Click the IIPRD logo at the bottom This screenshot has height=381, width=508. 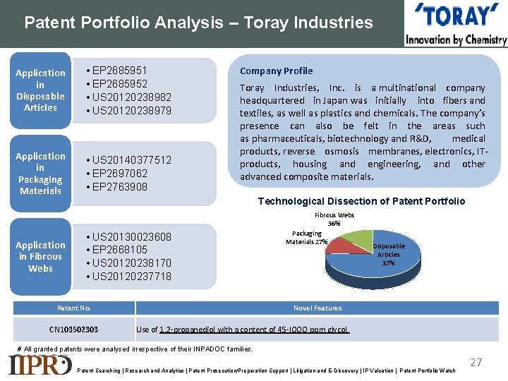click(x=40, y=364)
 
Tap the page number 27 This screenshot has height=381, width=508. click(x=476, y=362)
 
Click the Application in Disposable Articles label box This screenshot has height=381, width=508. click(x=40, y=90)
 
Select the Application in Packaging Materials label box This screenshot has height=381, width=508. click(x=40, y=174)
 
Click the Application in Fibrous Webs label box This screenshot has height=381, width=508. click(x=40, y=256)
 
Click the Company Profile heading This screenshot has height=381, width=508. click(x=276, y=71)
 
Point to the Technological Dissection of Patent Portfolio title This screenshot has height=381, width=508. click(x=361, y=201)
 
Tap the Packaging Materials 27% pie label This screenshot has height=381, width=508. click(x=306, y=238)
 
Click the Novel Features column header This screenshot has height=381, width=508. click(x=317, y=308)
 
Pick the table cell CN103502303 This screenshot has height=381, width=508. click(x=73, y=329)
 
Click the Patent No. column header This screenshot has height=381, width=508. click(x=73, y=308)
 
